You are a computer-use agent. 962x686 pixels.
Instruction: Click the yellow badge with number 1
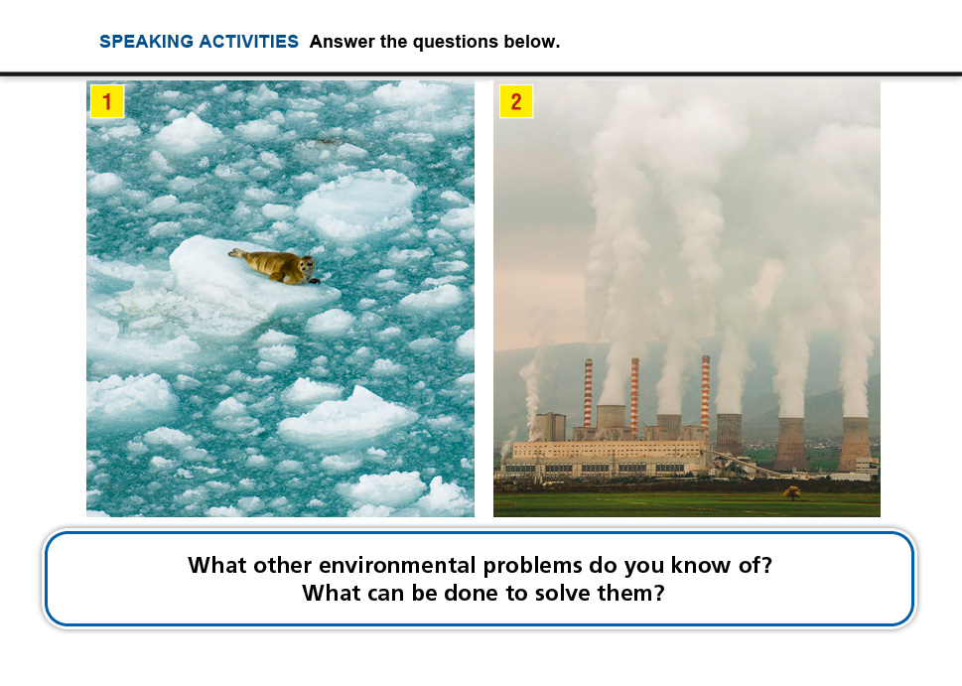tap(107, 101)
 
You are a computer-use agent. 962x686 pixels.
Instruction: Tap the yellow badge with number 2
tap(516, 101)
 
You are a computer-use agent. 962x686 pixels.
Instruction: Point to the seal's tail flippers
tap(236, 253)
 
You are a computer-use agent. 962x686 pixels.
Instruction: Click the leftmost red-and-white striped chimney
tap(588, 393)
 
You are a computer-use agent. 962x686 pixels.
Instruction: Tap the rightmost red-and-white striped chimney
tap(706, 391)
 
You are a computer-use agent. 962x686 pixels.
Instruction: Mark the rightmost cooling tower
tap(855, 444)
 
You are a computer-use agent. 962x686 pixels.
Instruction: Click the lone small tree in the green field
tap(792, 492)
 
